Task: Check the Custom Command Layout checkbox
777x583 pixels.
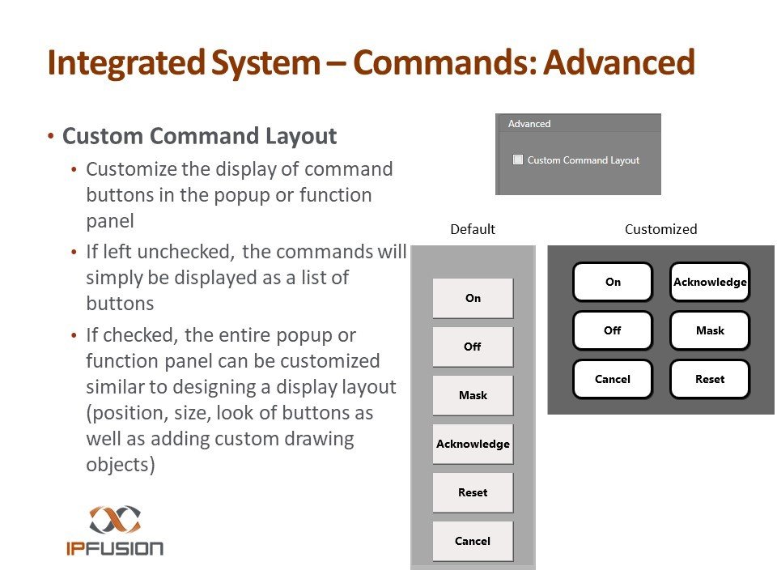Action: tap(518, 160)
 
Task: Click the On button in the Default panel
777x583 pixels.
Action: tap(473, 298)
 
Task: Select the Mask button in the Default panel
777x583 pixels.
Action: tap(473, 395)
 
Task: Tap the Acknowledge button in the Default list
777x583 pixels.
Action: tap(473, 444)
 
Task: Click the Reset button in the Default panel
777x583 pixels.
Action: tap(473, 492)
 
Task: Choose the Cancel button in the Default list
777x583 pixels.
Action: tap(473, 541)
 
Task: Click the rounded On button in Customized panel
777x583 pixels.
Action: tap(613, 282)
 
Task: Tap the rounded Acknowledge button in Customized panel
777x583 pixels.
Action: tap(710, 282)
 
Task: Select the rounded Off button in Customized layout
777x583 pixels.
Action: tap(613, 330)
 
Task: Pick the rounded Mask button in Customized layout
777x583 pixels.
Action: tap(710, 330)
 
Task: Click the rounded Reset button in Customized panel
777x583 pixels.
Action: tap(710, 379)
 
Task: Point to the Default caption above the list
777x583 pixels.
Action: tap(473, 229)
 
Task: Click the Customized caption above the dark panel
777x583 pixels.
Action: tap(660, 229)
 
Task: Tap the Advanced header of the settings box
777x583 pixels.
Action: tap(529, 124)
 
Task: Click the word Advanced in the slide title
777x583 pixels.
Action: tap(619, 63)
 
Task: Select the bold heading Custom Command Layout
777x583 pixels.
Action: tap(199, 136)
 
